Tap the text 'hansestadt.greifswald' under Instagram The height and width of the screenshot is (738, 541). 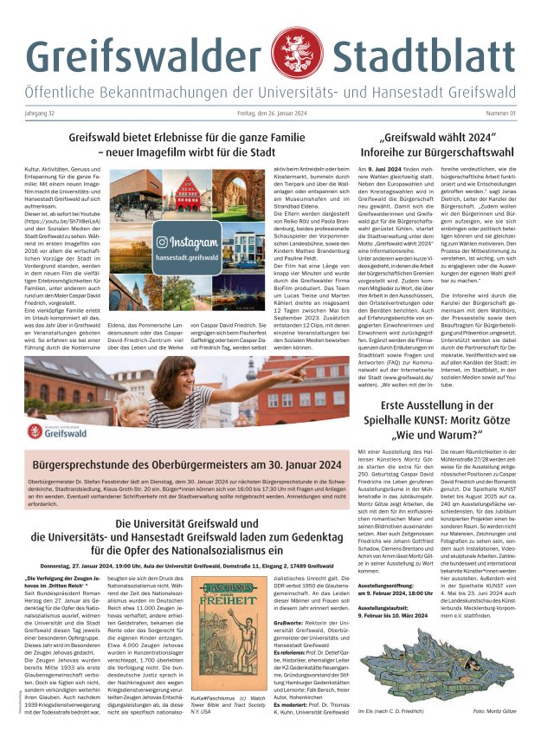tap(187, 257)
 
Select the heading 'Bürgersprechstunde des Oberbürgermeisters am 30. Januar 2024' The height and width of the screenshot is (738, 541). tap(184, 463)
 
